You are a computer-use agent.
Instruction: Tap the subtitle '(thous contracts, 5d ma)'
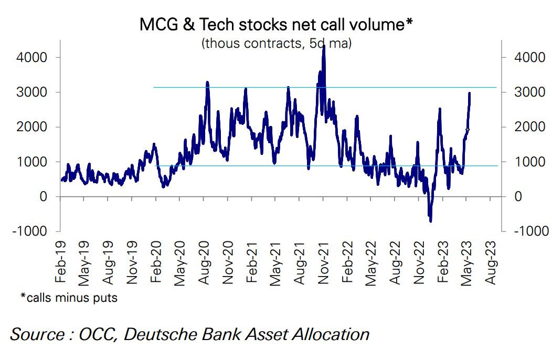[276, 43]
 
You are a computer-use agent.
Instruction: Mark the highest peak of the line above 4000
[324, 46]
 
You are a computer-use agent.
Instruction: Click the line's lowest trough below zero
[431, 221]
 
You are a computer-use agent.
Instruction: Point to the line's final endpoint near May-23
[469, 93]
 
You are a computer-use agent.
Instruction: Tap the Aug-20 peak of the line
[207, 82]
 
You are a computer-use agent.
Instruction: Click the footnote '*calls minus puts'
[69, 298]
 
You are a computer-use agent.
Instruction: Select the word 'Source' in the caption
[37, 334]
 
